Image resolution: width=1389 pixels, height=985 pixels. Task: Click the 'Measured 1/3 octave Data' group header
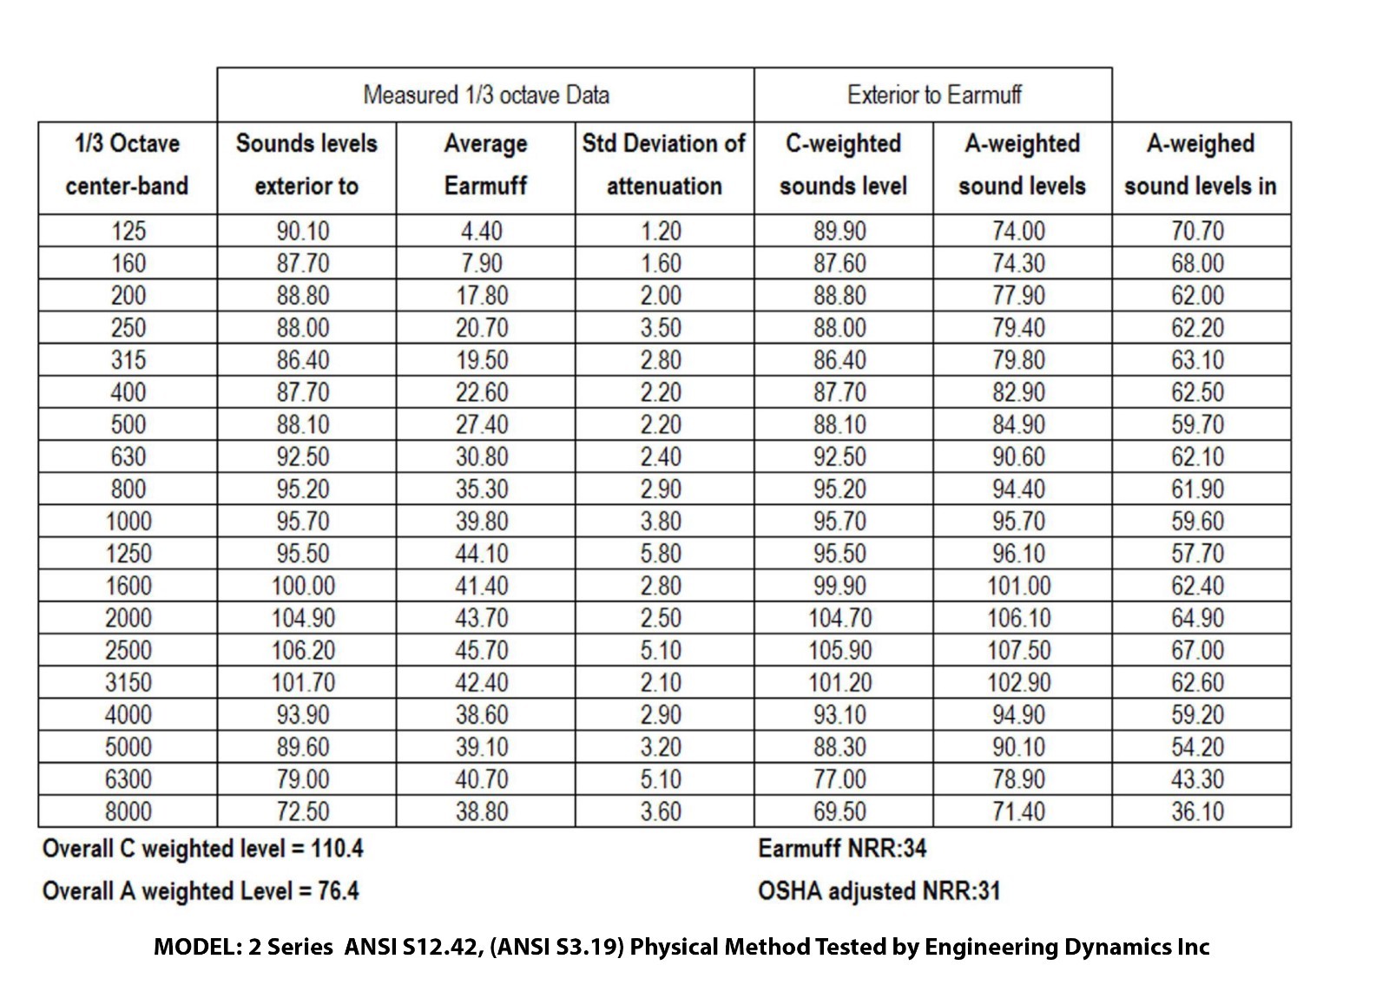(x=485, y=95)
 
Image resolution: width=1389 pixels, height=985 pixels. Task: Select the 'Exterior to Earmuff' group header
(x=933, y=95)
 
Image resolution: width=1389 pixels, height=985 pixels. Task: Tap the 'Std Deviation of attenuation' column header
(x=664, y=165)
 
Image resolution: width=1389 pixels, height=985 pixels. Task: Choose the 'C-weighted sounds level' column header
(x=843, y=165)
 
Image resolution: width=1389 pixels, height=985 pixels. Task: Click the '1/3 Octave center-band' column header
(x=128, y=165)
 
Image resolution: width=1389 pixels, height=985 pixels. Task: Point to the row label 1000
(x=128, y=522)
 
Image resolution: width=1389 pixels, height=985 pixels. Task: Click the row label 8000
(x=128, y=811)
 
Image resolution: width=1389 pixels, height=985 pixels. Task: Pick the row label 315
(x=128, y=360)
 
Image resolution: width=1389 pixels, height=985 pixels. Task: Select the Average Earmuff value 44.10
(x=482, y=554)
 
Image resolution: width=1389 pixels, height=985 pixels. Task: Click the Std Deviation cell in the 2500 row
(x=661, y=650)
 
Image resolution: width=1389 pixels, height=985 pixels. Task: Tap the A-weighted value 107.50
(x=1019, y=650)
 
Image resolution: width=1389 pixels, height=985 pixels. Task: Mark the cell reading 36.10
(x=1198, y=811)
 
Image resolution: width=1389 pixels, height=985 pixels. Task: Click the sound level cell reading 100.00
(x=303, y=586)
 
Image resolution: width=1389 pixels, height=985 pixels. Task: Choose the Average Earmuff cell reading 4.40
(x=482, y=232)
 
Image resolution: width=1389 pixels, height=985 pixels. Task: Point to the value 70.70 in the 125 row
(x=1198, y=232)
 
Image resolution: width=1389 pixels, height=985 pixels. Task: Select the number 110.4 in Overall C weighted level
(x=337, y=848)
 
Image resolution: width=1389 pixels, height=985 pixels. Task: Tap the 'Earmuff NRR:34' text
(x=842, y=848)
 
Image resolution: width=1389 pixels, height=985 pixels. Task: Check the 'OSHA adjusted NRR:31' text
(x=879, y=890)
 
